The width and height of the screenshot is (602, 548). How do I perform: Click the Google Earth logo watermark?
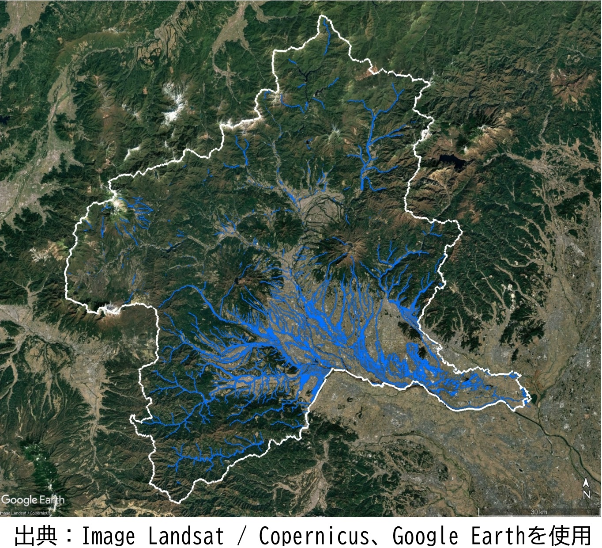[x=33, y=500]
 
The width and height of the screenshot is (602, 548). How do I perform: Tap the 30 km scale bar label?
[x=539, y=512]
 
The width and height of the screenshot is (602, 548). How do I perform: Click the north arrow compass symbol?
[x=586, y=483]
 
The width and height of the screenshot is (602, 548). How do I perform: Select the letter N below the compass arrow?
[x=586, y=495]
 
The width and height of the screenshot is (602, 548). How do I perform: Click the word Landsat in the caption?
[x=186, y=536]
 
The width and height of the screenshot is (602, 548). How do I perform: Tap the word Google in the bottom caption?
[x=425, y=536]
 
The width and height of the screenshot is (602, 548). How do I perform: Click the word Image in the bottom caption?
[x=109, y=536]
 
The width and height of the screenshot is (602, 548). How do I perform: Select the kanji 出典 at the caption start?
[x=36, y=536]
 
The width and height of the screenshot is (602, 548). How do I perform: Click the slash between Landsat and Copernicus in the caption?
[x=241, y=536]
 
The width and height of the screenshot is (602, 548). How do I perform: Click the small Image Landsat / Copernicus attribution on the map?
[x=25, y=513]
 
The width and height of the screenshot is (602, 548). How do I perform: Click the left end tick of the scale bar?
[x=479, y=513]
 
